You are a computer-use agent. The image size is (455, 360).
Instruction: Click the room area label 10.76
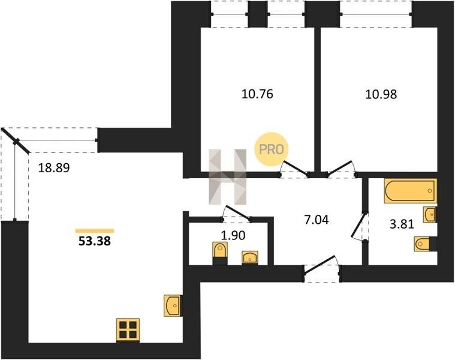coord(257,94)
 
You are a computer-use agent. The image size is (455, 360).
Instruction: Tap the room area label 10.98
coord(381,94)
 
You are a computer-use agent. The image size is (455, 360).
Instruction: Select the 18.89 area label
coord(54,168)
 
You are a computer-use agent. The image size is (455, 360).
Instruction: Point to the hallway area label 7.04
coord(317,220)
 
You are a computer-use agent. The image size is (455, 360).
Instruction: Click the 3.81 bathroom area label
coord(402,224)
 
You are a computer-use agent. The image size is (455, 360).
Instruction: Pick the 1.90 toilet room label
coord(233,235)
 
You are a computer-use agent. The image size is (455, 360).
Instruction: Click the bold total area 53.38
coord(95,241)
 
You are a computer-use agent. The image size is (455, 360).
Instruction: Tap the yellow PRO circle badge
coord(271,149)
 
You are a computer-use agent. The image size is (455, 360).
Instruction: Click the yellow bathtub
coord(410,191)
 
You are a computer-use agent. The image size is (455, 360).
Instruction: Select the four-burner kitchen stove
coord(128,330)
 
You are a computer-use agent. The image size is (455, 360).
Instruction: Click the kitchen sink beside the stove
coord(173,305)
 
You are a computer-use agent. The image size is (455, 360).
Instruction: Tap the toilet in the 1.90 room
coord(220,253)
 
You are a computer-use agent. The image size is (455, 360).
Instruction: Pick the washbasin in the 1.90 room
coord(250,258)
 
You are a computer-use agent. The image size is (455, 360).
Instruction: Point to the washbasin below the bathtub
coord(430,215)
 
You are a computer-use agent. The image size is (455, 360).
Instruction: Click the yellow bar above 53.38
coord(95,231)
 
